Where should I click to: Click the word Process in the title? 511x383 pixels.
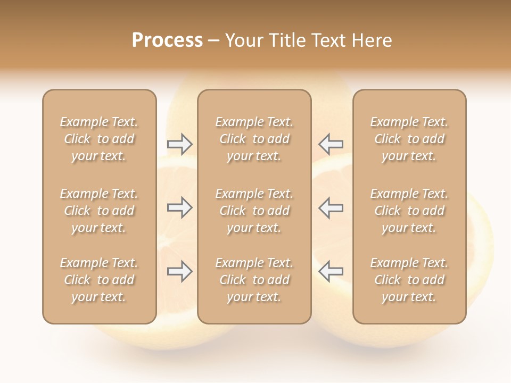167,40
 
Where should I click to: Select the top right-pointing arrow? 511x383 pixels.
180,144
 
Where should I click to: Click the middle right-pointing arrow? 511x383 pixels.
180,208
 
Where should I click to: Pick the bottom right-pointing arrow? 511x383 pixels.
180,271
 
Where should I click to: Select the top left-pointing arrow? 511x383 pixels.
331,144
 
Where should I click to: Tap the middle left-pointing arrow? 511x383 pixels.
331,208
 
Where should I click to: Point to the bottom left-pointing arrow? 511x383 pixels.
331,271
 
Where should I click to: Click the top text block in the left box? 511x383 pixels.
99,139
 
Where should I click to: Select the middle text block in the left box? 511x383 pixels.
99,211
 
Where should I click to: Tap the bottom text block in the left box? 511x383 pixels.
99,280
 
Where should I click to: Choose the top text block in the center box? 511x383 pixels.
254,139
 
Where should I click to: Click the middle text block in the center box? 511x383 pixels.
254,211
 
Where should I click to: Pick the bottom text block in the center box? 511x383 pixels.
254,280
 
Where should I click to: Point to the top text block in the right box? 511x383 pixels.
409,139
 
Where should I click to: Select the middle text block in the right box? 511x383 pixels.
409,211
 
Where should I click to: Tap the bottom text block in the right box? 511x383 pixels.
409,280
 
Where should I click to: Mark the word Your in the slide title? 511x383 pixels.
243,40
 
